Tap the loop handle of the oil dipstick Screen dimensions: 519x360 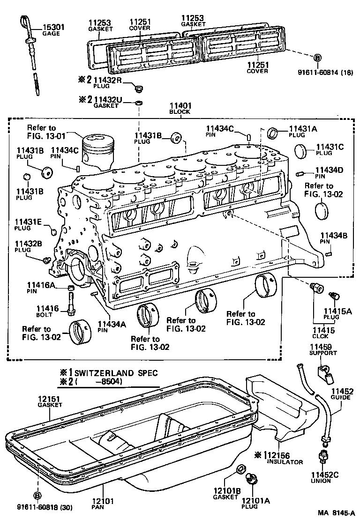(x=25, y=21)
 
